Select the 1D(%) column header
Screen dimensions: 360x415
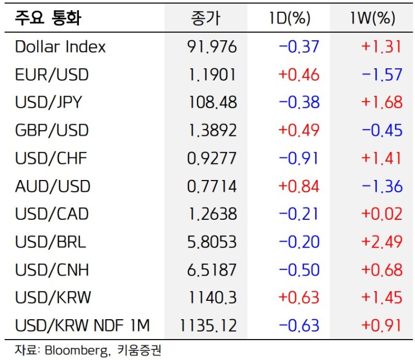pyautogui.click(x=290, y=19)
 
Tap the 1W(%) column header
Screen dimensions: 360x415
pyautogui.click(x=372, y=19)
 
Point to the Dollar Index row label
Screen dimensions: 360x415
pyautogui.click(x=61, y=47)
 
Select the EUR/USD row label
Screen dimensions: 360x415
pyautogui.click(x=52, y=75)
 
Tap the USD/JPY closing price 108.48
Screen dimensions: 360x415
pyautogui.click(x=213, y=103)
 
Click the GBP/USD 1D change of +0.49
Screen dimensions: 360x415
pyautogui.click(x=299, y=131)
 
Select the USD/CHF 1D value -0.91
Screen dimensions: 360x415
pyautogui.click(x=299, y=159)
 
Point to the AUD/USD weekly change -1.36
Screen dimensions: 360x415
pyautogui.click(x=382, y=186)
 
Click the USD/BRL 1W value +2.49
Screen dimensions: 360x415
pyautogui.click(x=382, y=242)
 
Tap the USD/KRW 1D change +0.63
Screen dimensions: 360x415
pyautogui.click(x=299, y=297)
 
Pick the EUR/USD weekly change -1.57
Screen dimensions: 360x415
pyautogui.click(x=382, y=75)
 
